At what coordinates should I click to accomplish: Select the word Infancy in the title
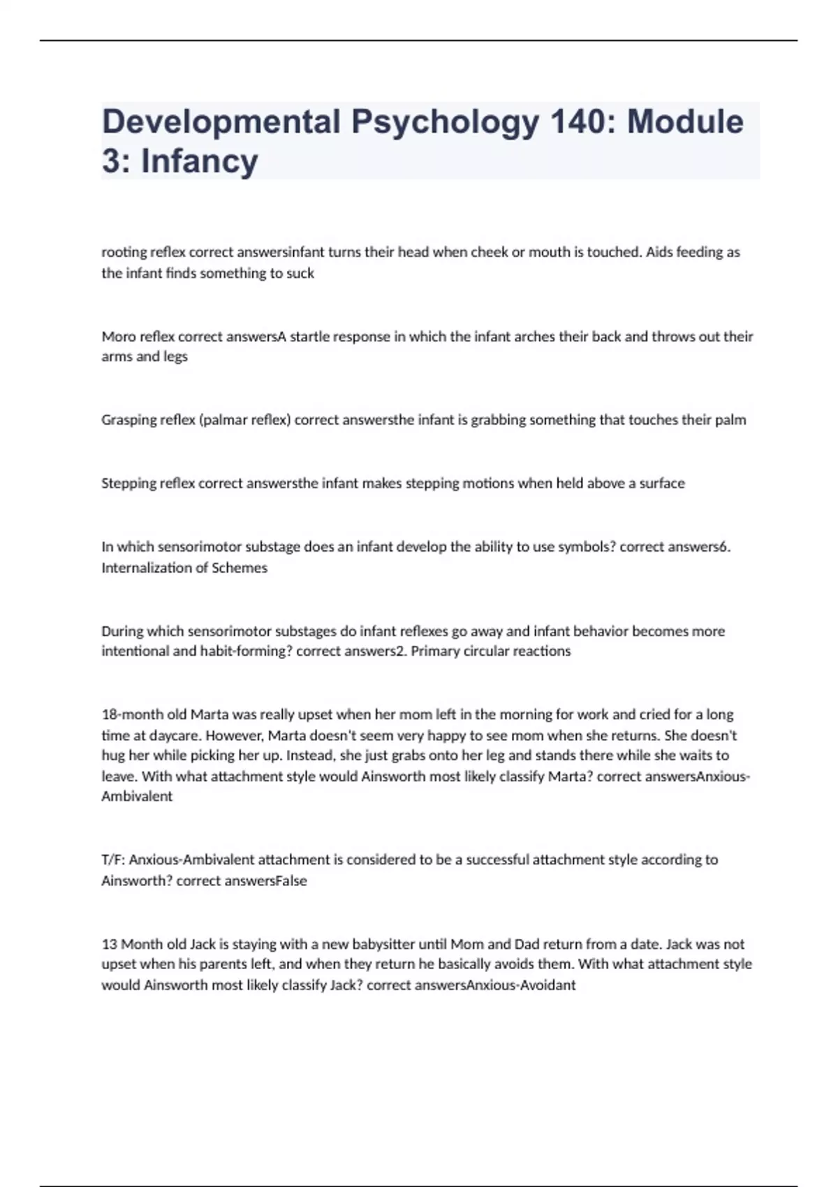pos(200,161)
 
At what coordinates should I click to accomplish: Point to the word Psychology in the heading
pos(446,122)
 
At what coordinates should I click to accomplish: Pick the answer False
pos(291,881)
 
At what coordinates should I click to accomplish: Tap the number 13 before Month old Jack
pos(109,944)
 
